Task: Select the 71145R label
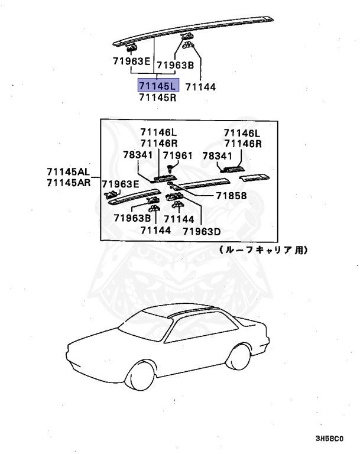tap(158, 98)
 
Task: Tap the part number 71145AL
tap(69, 172)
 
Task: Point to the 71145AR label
tap(69, 183)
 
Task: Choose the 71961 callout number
tap(178, 155)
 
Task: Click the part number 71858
tap(231, 196)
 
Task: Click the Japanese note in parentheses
tap(263, 250)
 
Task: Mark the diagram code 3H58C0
tap(329, 439)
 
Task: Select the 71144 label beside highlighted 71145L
tap(200, 87)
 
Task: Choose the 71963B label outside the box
tap(176, 64)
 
